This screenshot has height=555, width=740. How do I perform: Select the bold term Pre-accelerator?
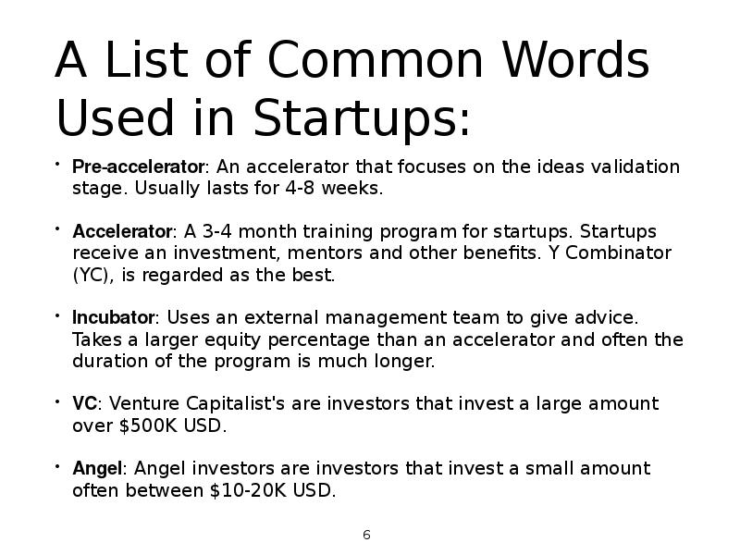pyautogui.click(x=138, y=167)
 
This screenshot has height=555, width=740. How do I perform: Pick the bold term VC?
pyautogui.click(x=84, y=404)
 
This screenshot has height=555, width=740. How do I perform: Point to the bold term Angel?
pyautogui.click(x=96, y=469)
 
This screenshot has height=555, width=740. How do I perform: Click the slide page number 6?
pyautogui.click(x=367, y=536)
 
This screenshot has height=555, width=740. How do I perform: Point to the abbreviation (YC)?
pyautogui.click(x=95, y=275)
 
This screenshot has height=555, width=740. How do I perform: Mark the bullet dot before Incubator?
pyautogui.click(x=57, y=316)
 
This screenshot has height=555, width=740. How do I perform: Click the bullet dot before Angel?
pyautogui.click(x=57, y=468)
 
